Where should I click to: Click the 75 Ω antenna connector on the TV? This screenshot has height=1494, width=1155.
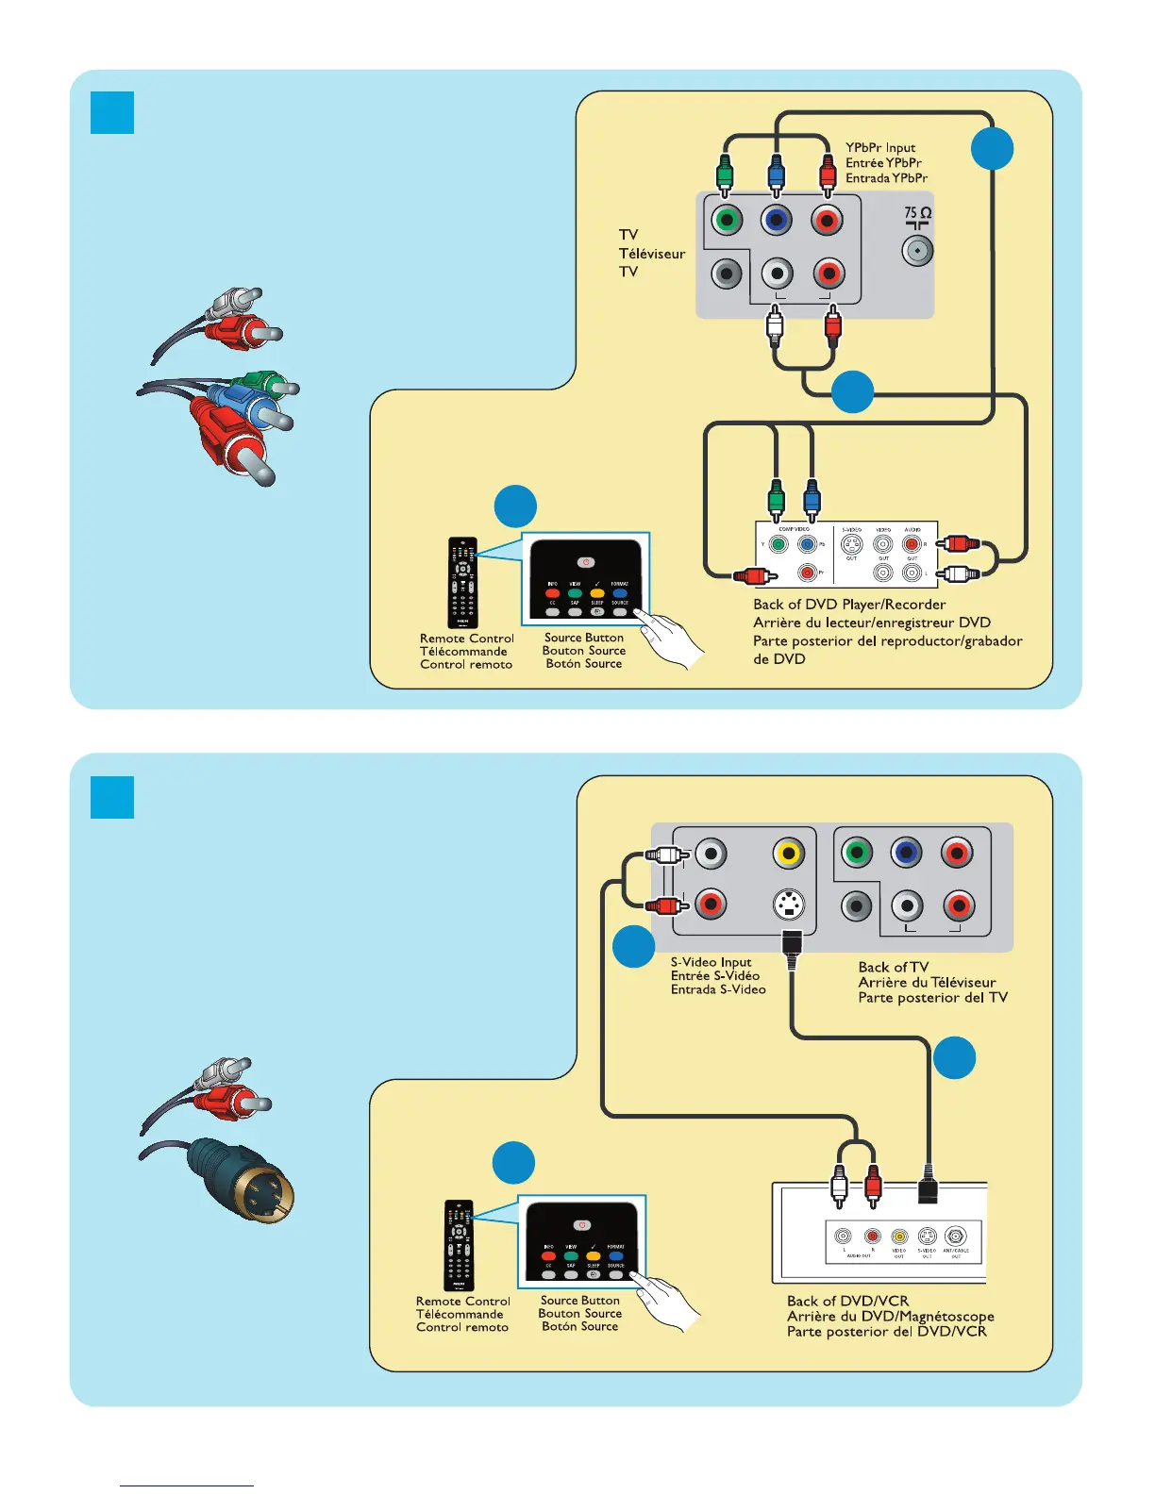click(x=917, y=251)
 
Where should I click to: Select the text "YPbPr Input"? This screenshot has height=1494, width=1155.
click(x=880, y=148)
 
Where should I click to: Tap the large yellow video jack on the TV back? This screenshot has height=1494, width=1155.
click(x=788, y=854)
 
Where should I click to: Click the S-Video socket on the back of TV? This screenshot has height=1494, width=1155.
click(x=788, y=905)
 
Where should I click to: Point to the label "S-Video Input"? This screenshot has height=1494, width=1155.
click(x=711, y=962)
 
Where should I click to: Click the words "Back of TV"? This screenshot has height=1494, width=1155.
click(x=893, y=967)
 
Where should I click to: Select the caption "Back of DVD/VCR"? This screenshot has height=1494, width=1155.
click(x=847, y=1301)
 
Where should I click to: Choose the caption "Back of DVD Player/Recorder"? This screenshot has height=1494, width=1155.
click(x=849, y=605)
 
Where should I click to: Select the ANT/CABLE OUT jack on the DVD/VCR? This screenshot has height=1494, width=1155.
click(x=956, y=1237)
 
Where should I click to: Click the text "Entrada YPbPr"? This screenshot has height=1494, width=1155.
click(x=886, y=178)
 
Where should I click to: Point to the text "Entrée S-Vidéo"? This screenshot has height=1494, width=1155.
click(x=715, y=976)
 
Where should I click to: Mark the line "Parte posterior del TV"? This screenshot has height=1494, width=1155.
click(x=932, y=998)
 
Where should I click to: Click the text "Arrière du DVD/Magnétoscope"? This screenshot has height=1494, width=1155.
click(x=890, y=1316)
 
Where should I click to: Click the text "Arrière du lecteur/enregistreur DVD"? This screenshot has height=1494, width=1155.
click(x=871, y=622)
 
